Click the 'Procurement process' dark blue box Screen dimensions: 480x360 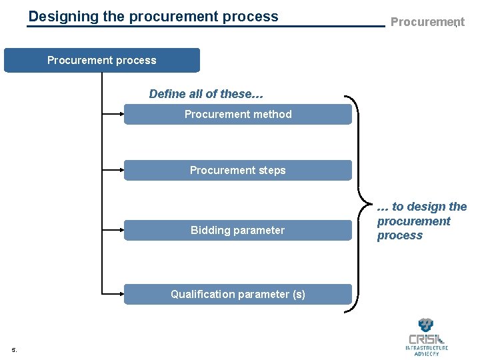(102, 60)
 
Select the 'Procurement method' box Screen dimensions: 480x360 (238, 114)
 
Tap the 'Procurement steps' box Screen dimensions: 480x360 (238, 170)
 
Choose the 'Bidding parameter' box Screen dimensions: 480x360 (238, 230)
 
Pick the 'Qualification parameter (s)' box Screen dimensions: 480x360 (238, 294)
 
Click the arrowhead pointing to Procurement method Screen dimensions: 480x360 (122, 114)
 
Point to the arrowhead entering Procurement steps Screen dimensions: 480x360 (122, 170)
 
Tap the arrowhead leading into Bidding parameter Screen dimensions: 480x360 (122, 230)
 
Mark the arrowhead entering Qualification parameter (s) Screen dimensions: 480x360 (122, 294)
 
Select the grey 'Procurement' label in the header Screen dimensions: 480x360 (427, 22)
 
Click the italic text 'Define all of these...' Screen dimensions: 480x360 (206, 94)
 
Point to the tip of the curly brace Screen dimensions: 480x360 (371, 204)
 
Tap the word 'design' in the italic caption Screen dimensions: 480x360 (430, 207)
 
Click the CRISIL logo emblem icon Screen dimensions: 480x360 (426, 325)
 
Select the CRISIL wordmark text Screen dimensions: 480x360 (427, 339)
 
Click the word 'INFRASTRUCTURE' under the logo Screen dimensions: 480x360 (427, 348)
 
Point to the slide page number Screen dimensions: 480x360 (14, 349)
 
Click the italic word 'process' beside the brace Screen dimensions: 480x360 (400, 235)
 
